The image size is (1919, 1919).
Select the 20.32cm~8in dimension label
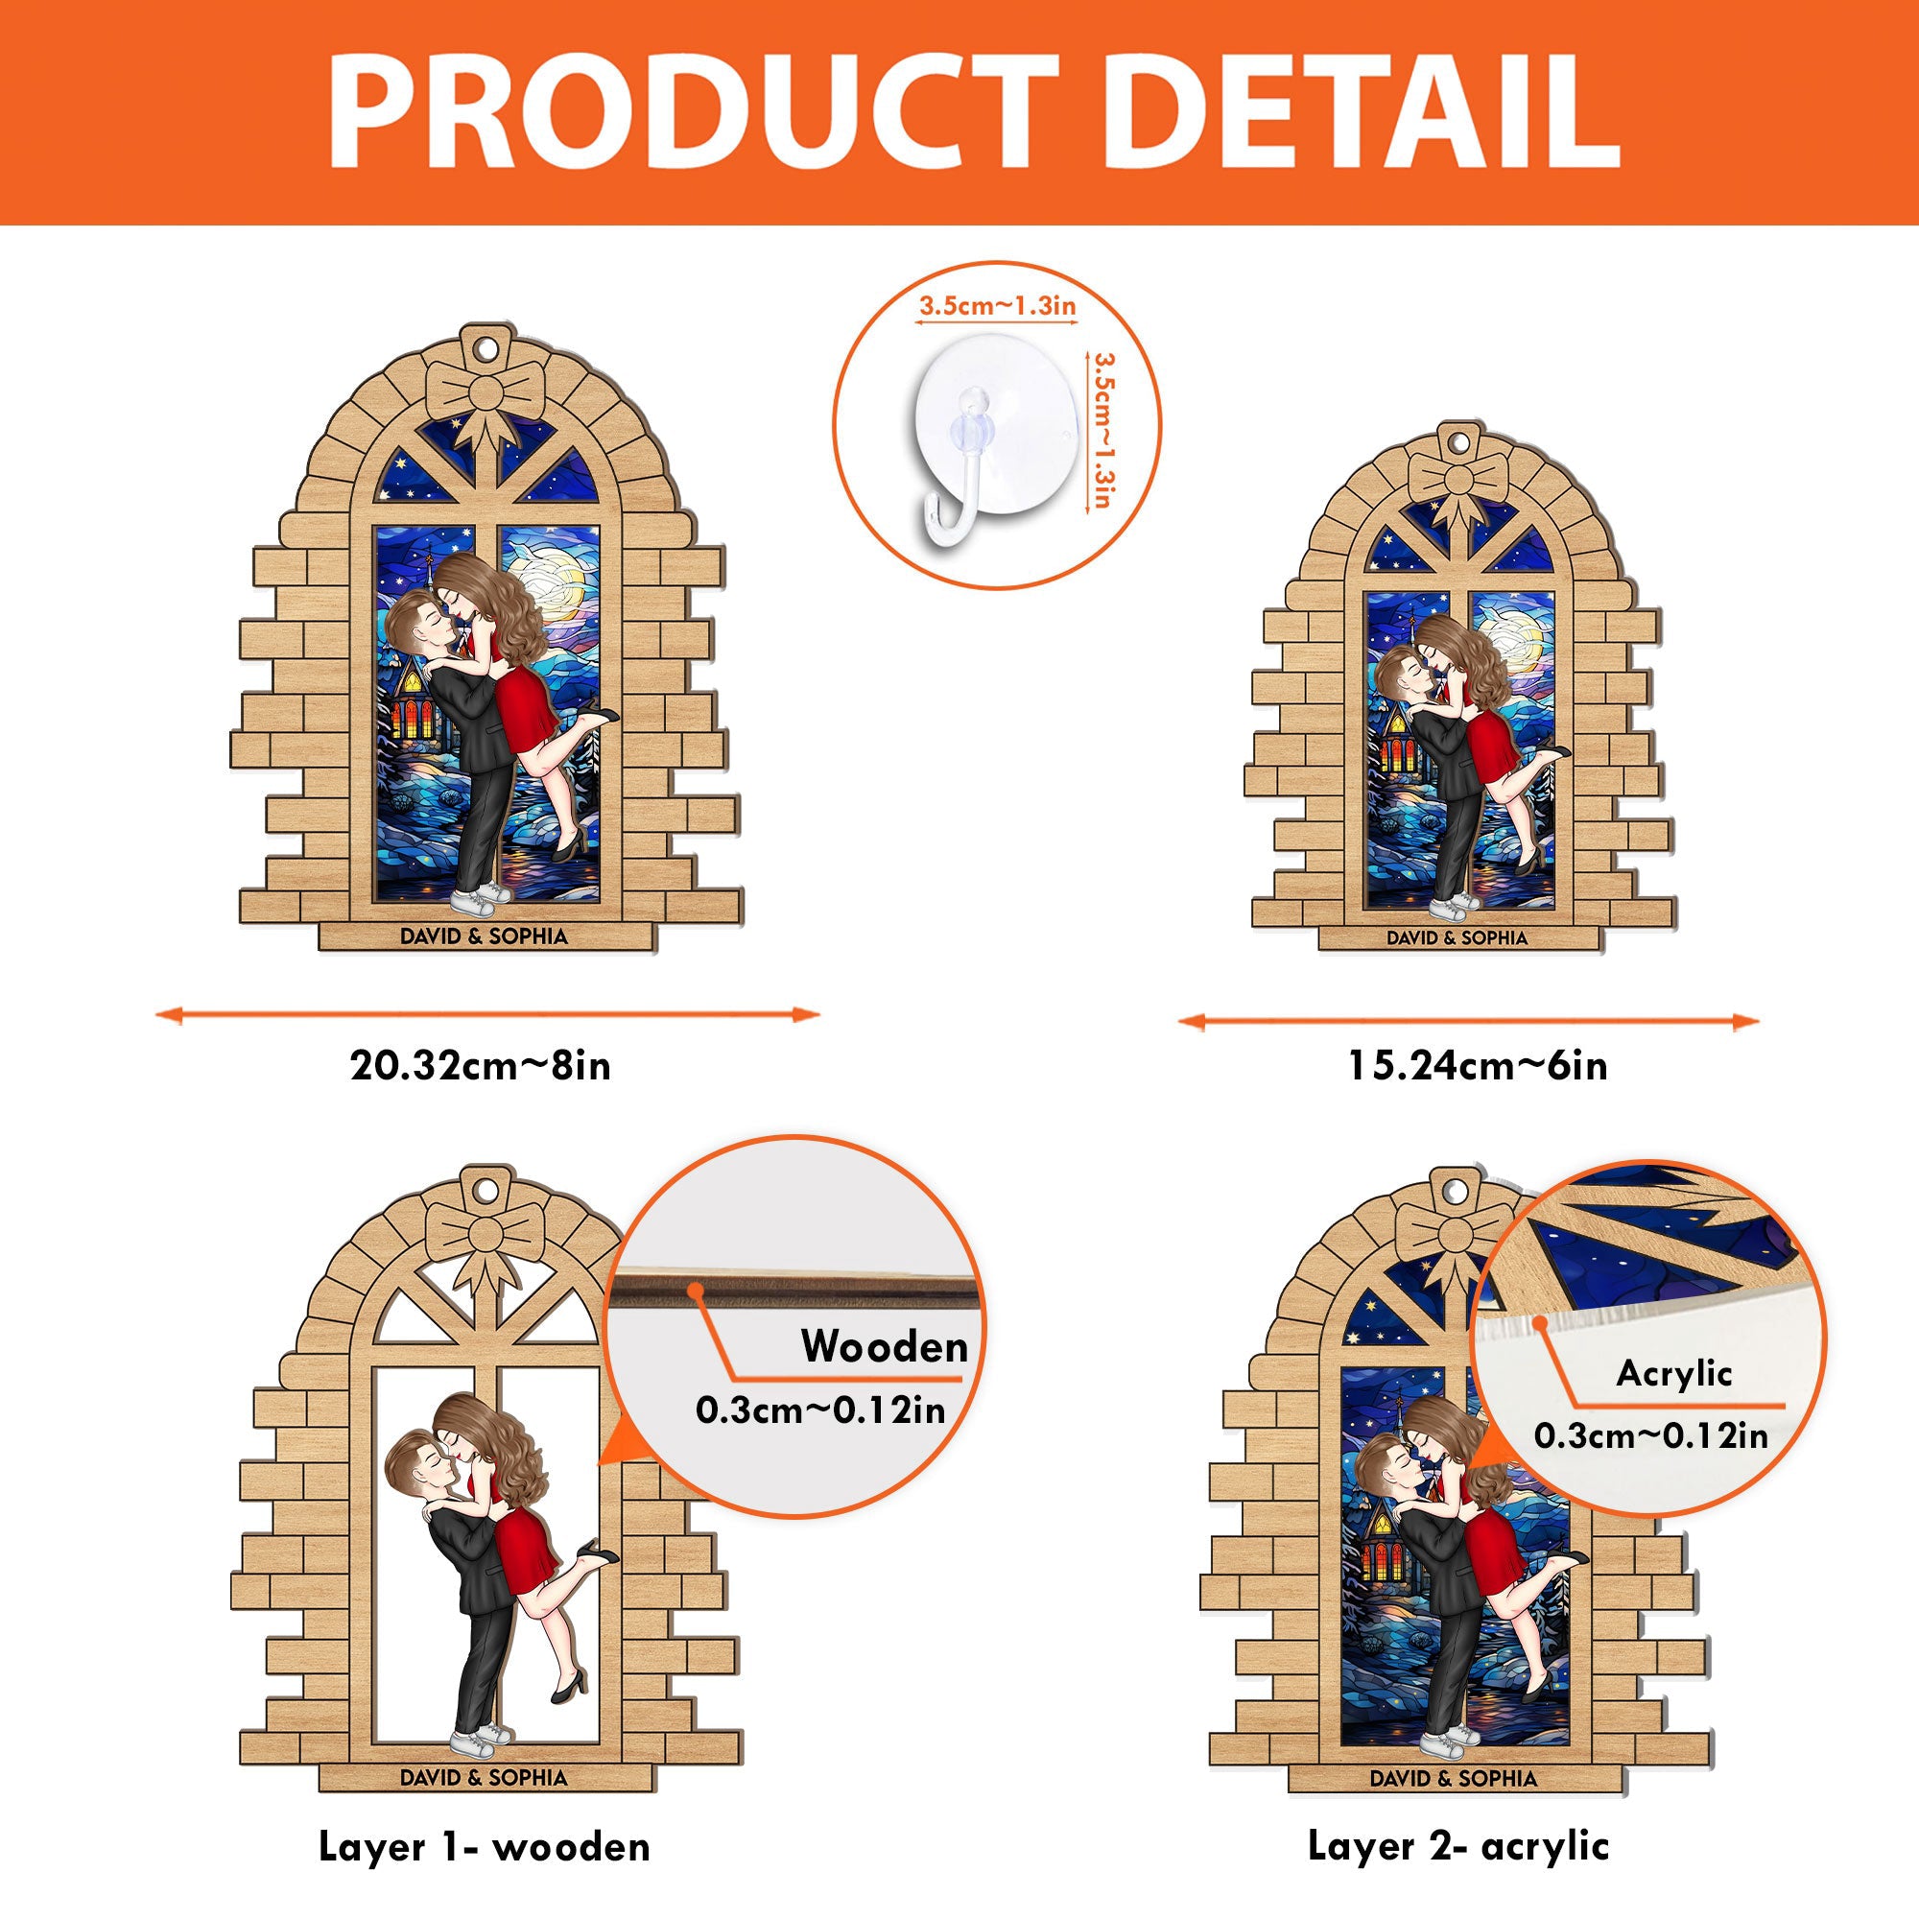(x=481, y=1066)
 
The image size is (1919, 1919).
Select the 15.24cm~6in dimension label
(x=1477, y=1066)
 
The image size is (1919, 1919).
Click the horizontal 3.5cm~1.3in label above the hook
(x=996, y=305)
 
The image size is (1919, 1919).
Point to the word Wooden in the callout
(x=884, y=1348)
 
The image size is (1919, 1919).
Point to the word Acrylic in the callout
(x=1673, y=1374)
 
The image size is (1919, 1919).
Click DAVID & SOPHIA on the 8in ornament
(x=484, y=936)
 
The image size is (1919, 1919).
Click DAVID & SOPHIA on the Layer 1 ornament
(x=484, y=1777)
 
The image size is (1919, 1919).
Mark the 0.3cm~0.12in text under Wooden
(x=820, y=1410)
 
